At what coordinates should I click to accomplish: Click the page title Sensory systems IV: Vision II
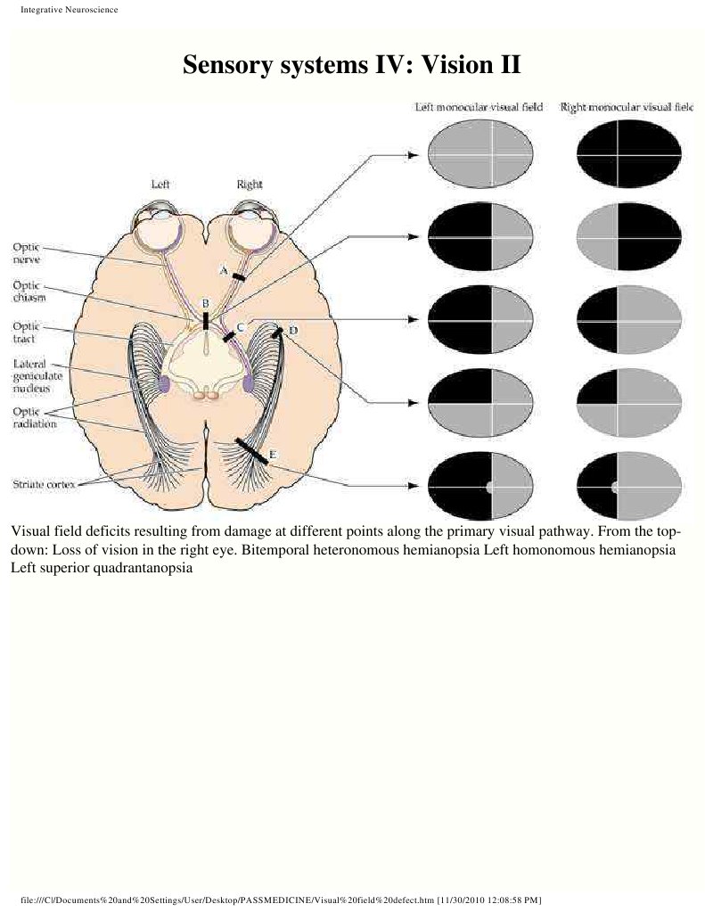[x=351, y=65]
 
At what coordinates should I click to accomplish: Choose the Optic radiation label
[x=34, y=417]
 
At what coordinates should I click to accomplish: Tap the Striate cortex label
[x=43, y=483]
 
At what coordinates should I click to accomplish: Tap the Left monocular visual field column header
[x=480, y=107]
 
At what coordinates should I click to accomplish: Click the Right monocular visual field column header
[x=626, y=107]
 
